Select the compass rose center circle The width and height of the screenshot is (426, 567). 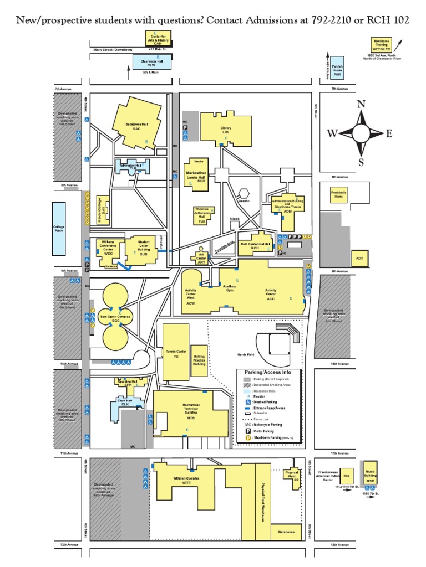click(361, 133)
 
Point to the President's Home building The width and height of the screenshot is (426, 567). click(338, 195)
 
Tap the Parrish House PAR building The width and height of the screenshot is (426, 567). click(337, 69)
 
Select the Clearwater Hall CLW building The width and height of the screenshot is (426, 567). click(151, 62)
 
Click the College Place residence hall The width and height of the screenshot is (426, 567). click(59, 227)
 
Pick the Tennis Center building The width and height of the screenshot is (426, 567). click(176, 354)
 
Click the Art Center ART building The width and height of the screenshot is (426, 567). click(201, 258)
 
